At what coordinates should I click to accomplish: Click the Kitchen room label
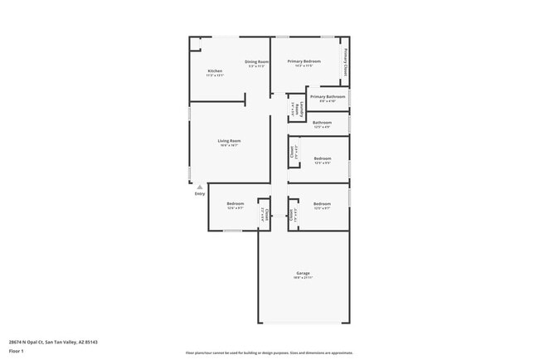pos(215,71)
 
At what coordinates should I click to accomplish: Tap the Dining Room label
pos(256,62)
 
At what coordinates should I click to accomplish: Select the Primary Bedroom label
pos(304,62)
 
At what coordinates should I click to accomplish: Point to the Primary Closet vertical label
pos(345,63)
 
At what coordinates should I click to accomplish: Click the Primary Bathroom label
pos(328,97)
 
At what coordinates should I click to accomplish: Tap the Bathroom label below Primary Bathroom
pos(322,123)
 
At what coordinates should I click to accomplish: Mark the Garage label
pos(303,273)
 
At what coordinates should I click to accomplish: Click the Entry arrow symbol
pos(199,187)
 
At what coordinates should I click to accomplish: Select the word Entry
pos(200,194)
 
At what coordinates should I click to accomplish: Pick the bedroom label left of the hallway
pos(236,203)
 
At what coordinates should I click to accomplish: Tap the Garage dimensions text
pos(303,278)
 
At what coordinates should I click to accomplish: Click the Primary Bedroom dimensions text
pos(304,66)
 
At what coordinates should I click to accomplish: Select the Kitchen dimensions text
pos(215,75)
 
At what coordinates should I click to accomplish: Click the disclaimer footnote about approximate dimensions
pos(269,353)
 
